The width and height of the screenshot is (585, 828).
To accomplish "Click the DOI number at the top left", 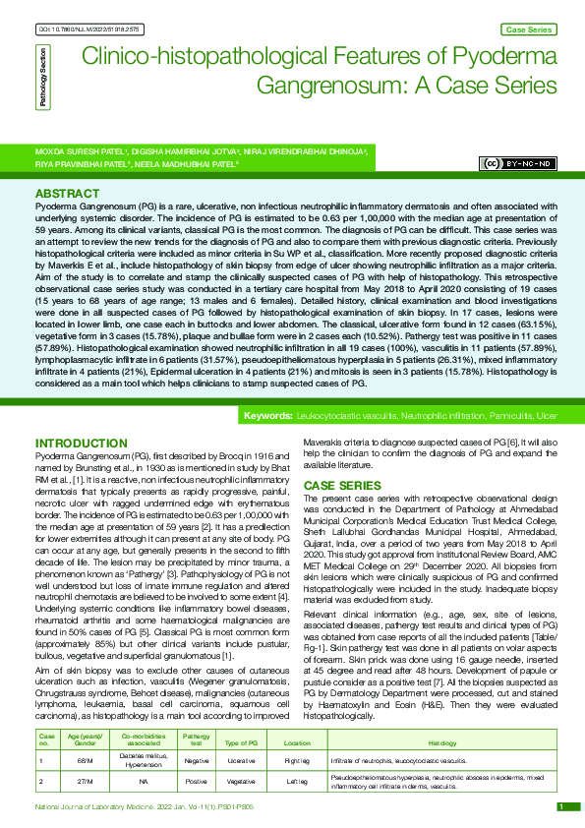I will pyautogui.click(x=87, y=30).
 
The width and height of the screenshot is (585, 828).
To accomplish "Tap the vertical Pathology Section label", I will pyautogui.click(x=42, y=82).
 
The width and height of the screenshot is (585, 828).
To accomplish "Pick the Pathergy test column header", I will pyautogui.click(x=196, y=713).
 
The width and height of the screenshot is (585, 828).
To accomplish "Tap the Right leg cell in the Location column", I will pyautogui.click(x=297, y=734).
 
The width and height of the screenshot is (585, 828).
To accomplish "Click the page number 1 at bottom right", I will pyautogui.click(x=559, y=806).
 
